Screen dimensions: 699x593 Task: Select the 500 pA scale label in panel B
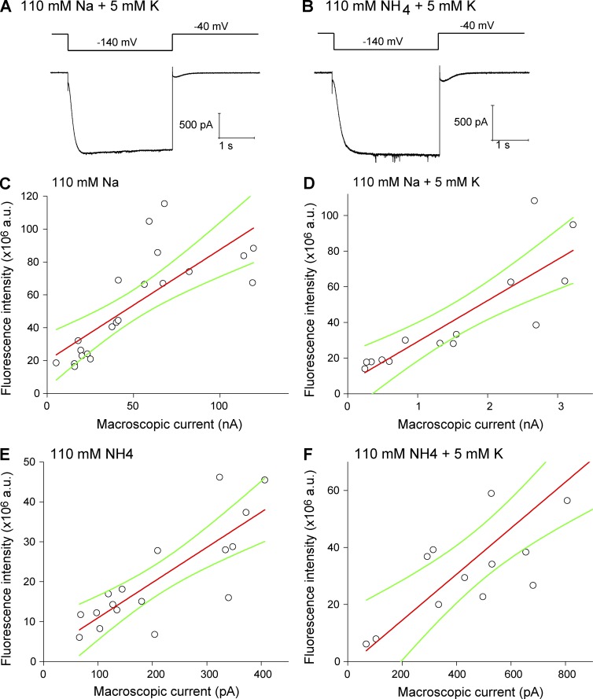coord(471,121)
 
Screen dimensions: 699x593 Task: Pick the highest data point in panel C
coord(164,204)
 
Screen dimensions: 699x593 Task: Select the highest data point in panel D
coord(534,201)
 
